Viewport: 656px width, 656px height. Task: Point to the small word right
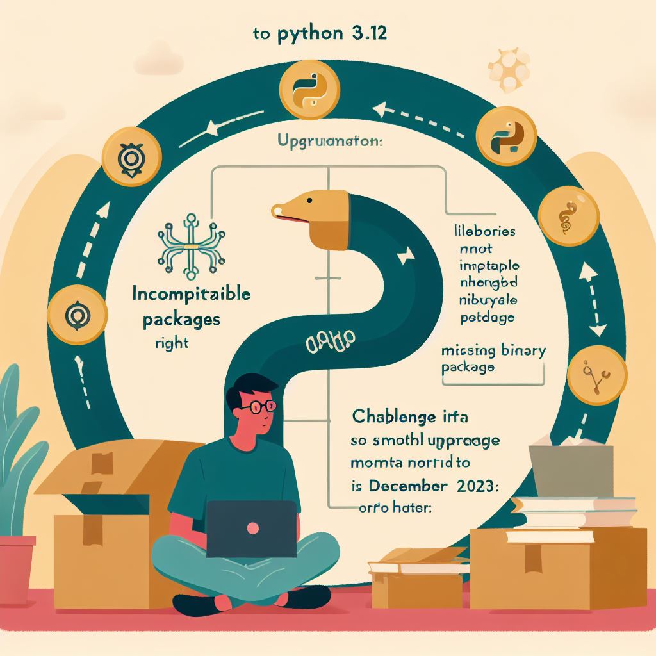coord(172,343)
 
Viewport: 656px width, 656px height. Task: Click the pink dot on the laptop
coord(252,528)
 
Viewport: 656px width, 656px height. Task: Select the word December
coord(419,485)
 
